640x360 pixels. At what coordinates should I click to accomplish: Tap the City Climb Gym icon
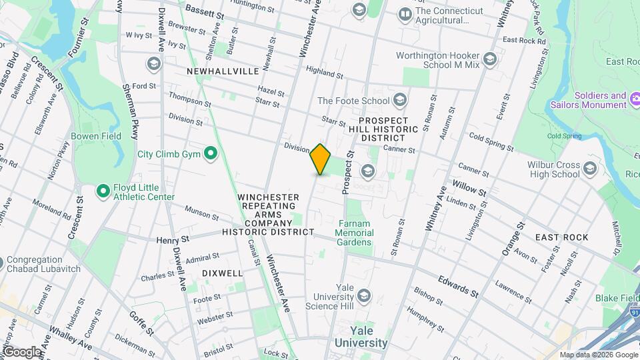[x=211, y=154]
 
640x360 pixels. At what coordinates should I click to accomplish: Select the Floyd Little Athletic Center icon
[x=103, y=191]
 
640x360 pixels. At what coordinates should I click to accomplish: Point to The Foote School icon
[x=400, y=101]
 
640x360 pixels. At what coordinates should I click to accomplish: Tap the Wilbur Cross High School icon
[x=589, y=169]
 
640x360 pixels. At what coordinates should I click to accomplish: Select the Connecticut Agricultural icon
[x=405, y=13]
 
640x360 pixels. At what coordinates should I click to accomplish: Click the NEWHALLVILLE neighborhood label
[x=222, y=71]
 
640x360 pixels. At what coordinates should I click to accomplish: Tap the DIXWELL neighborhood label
[x=222, y=273]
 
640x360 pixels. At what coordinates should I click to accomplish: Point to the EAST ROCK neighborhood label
[x=561, y=237]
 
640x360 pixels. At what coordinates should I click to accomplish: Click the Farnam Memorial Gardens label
[x=354, y=233]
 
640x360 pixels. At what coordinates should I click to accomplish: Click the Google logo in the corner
[x=21, y=351]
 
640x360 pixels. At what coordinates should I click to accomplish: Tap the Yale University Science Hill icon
[x=363, y=294]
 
